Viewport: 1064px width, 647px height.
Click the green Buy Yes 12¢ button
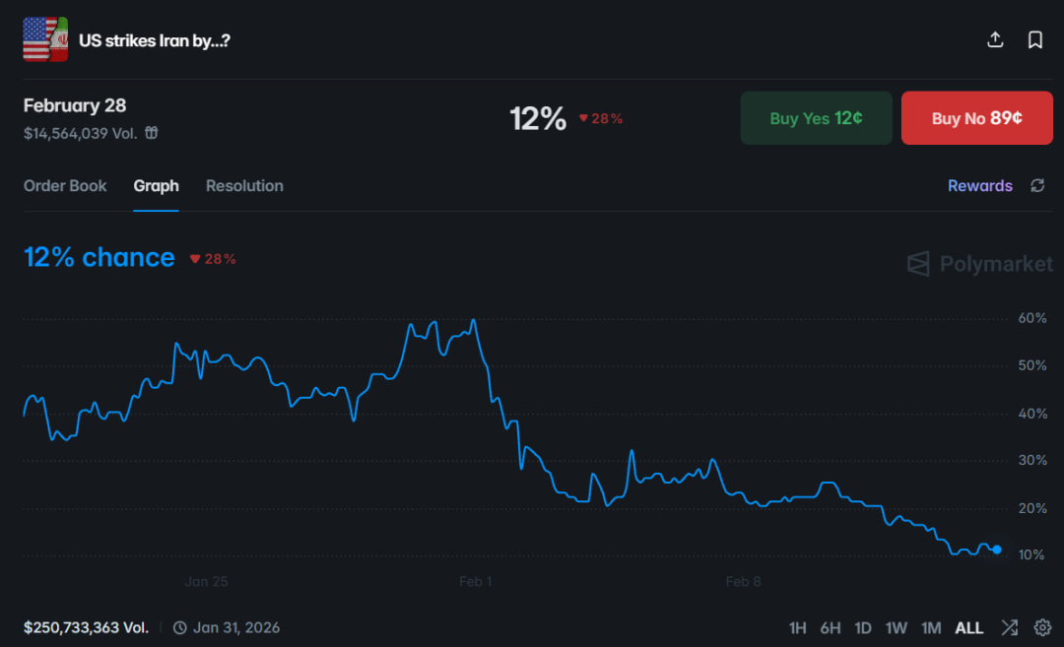coord(816,118)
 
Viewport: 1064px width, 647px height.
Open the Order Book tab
coord(65,186)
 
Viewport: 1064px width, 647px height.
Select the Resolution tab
coord(244,186)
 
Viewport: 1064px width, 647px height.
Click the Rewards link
coord(979,186)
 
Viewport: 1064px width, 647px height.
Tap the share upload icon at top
coord(995,39)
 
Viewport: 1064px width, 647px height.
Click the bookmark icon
coord(1035,39)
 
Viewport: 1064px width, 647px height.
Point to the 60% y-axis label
coord(1031,319)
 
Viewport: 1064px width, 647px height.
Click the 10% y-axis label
coord(1031,555)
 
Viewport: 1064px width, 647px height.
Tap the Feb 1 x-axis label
coord(475,581)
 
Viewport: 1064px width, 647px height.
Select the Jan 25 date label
coord(206,581)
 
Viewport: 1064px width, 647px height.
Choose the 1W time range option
coord(896,627)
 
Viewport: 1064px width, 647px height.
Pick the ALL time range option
coord(968,627)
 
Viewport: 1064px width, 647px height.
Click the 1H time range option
coord(797,627)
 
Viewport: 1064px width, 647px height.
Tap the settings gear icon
coord(1042,627)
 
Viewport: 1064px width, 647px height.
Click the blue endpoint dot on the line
coord(997,550)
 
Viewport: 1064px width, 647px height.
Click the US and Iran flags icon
coord(45,39)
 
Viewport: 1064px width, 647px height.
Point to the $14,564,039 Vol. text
coord(80,133)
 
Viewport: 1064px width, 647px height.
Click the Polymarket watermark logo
coord(979,264)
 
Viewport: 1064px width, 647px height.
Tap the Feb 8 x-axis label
coord(743,581)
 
